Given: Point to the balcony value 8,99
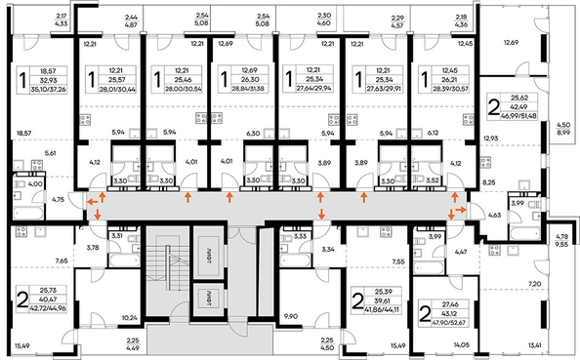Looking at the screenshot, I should tap(564, 133).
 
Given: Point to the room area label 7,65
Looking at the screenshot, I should tap(61, 261).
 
